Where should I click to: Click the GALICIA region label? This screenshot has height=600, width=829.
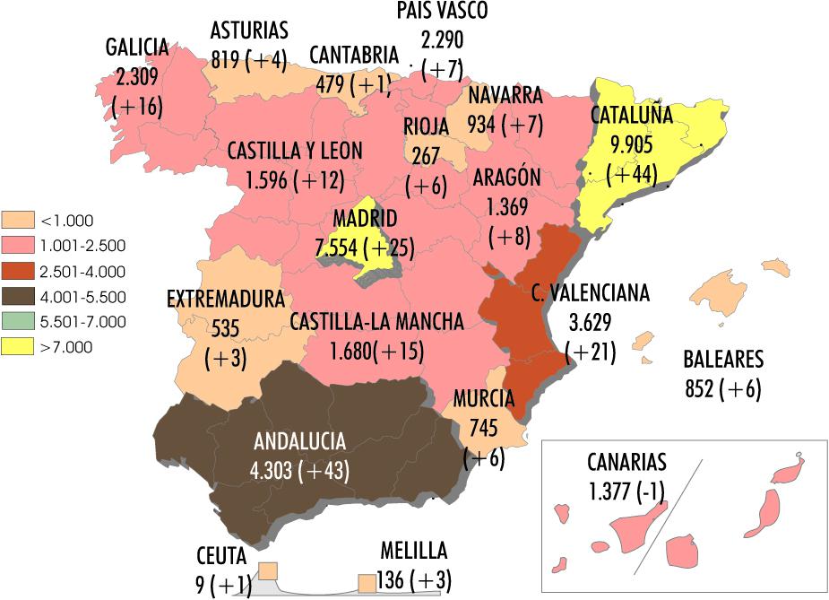click(x=136, y=46)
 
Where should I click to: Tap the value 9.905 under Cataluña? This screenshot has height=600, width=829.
click(x=632, y=144)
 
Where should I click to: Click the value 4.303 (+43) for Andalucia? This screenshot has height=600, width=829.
click(x=301, y=470)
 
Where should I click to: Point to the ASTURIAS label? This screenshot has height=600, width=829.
click(x=249, y=30)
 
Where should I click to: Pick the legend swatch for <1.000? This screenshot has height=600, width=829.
click(x=20, y=220)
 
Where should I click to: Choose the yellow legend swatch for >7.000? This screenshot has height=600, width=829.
click(x=20, y=347)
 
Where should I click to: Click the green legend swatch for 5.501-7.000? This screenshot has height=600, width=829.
click(x=20, y=322)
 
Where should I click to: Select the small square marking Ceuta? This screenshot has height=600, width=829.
click(x=268, y=571)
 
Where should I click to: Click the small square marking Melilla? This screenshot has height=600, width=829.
click(x=367, y=583)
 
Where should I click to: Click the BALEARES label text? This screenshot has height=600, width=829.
click(x=723, y=361)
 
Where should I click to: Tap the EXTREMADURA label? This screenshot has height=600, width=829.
click(x=226, y=298)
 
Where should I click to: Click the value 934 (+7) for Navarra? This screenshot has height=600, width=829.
click(x=505, y=124)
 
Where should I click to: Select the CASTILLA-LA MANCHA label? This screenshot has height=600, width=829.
click(x=376, y=321)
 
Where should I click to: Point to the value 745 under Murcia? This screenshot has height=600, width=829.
click(x=484, y=428)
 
